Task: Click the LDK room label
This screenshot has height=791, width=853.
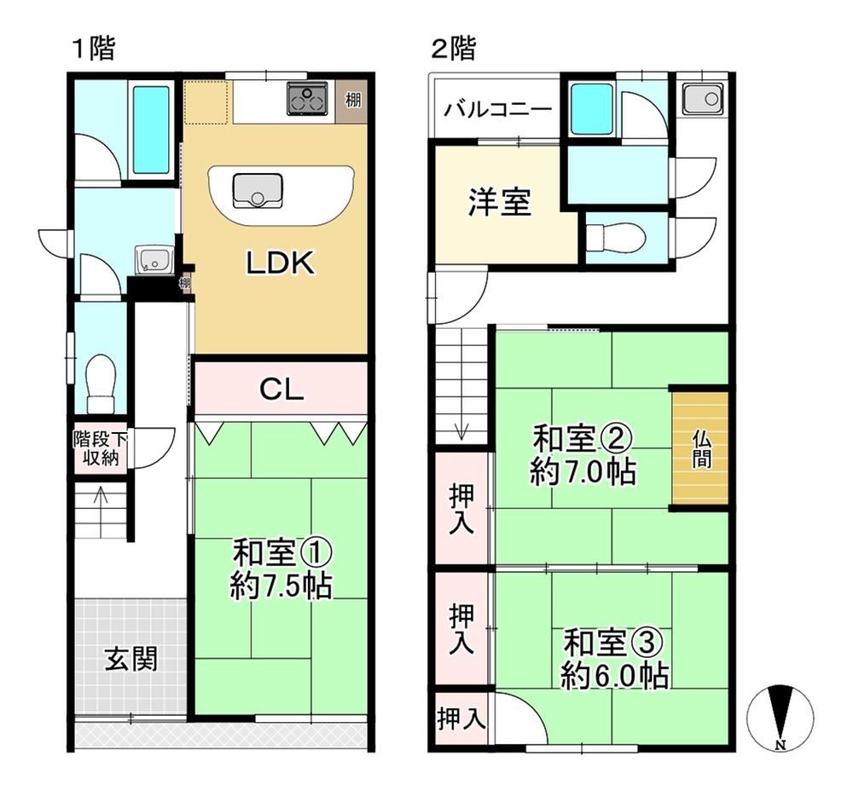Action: tap(281, 263)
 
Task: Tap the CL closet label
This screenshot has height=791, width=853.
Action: tap(281, 390)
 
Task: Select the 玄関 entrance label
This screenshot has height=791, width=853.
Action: tap(131, 658)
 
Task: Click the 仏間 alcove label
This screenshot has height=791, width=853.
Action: tap(700, 448)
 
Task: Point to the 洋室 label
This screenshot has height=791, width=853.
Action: tap(499, 202)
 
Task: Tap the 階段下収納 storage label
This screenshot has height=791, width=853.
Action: tap(101, 448)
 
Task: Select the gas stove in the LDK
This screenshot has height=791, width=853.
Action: tap(307, 98)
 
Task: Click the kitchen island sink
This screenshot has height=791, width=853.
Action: tap(258, 190)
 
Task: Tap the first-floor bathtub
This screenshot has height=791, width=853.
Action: tap(151, 130)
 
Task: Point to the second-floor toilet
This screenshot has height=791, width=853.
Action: tap(616, 236)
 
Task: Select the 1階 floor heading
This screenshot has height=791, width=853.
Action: tap(94, 49)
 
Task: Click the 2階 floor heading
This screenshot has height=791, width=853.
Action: tap(453, 48)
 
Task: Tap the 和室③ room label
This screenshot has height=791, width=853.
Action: tap(612, 644)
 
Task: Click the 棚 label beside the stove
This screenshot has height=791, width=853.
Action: tap(353, 100)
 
